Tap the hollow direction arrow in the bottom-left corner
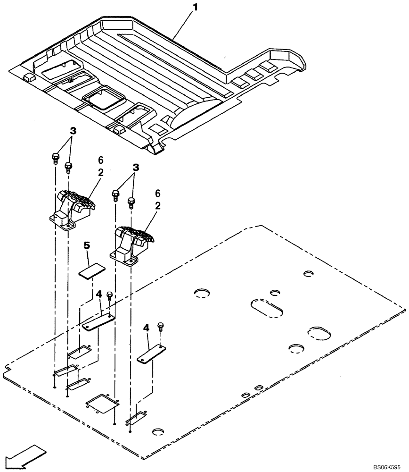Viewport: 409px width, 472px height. point(24,458)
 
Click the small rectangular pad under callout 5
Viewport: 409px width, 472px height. point(92,272)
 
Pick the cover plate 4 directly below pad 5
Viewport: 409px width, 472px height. point(98,323)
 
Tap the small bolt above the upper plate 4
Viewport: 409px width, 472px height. point(110,296)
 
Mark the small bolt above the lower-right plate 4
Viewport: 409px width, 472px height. point(161,326)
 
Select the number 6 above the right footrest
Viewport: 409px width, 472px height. point(158,194)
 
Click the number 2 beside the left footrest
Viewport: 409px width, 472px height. point(100,173)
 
